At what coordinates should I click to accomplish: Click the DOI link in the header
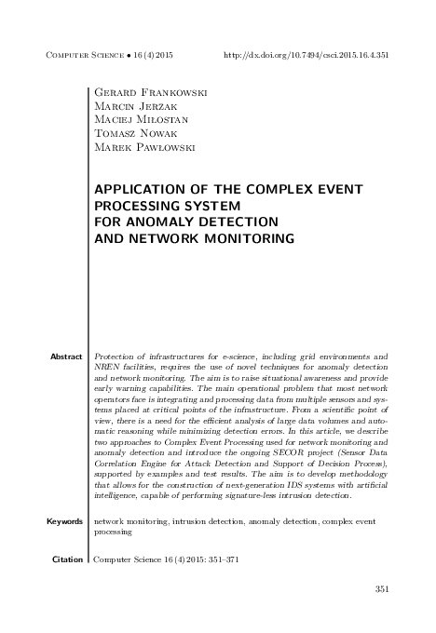coord(307,55)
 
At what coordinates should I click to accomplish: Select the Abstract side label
coord(66,357)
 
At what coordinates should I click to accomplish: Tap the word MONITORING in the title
coord(246,238)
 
